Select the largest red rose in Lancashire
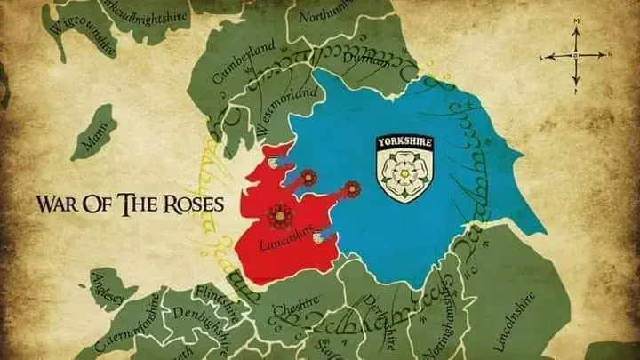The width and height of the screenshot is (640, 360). pyautogui.click(x=279, y=214)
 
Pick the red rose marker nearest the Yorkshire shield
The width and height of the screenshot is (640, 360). pyautogui.click(x=352, y=188)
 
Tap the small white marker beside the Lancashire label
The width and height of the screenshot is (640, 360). pyautogui.click(x=317, y=237)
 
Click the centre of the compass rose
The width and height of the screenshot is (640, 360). pyautogui.click(x=575, y=55)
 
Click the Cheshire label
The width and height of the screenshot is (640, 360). pyautogui.click(x=295, y=308)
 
